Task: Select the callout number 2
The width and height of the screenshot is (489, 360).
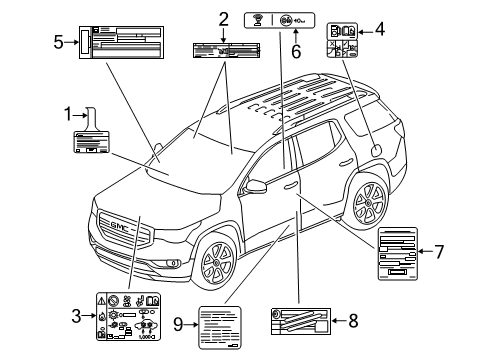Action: click(223, 17)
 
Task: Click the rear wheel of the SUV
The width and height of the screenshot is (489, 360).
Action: click(367, 203)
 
